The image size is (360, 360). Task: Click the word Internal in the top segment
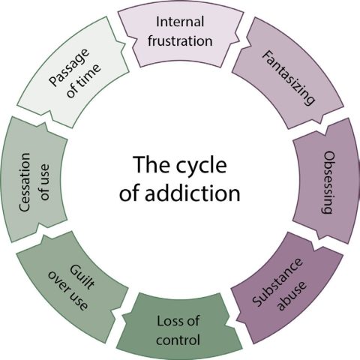[x=180, y=22]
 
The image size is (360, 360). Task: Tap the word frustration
[x=180, y=40]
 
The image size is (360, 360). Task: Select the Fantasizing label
[x=288, y=78]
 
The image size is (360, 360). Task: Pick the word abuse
[x=292, y=295]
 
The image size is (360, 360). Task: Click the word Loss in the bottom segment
[x=167, y=321]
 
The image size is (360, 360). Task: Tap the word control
[x=178, y=340]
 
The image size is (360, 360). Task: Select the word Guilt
[x=82, y=277]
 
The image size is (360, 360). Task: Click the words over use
[x=67, y=290]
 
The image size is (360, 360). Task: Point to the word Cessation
[x=25, y=182]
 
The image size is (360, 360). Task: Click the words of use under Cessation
[x=44, y=182]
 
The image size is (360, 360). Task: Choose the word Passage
[x=69, y=67]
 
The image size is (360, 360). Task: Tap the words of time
[x=84, y=81]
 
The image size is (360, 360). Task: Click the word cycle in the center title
[x=202, y=166]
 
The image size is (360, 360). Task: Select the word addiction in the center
[x=193, y=193]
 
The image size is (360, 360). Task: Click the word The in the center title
[x=152, y=164]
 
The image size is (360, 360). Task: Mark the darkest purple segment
[x=287, y=287]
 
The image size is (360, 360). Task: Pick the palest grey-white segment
[x=73, y=73]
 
